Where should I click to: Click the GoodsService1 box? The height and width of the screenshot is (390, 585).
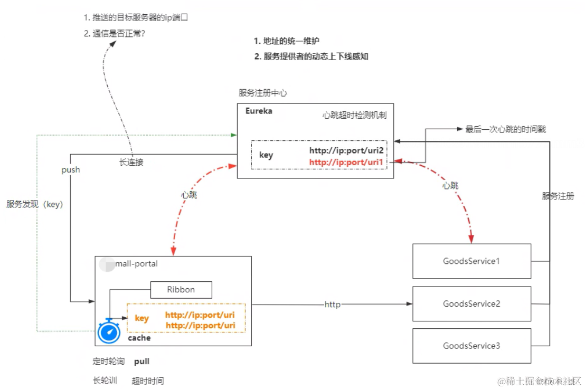point(471,261)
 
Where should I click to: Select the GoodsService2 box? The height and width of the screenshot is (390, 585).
point(471,304)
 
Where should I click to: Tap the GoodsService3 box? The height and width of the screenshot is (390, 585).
point(471,346)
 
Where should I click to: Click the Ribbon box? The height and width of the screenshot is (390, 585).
point(181,290)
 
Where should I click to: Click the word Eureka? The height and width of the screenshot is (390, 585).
point(259,111)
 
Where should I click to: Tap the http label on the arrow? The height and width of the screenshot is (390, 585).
point(332,305)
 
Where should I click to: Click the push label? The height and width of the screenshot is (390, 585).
point(71,170)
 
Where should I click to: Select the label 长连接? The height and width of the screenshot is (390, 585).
point(131,163)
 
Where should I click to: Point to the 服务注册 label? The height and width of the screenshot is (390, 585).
point(558,196)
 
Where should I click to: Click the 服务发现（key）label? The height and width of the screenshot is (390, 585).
point(35,205)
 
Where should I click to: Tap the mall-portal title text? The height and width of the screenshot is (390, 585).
point(136,263)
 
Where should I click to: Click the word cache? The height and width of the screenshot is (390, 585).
point(139,338)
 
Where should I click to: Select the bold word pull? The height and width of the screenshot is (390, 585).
point(142,362)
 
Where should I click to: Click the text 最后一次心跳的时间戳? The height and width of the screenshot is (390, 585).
point(509,129)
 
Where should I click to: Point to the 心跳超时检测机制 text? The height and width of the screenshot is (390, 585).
point(354,115)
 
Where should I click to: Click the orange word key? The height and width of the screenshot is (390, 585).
point(142,318)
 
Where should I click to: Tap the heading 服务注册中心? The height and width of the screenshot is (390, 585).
point(263,93)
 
